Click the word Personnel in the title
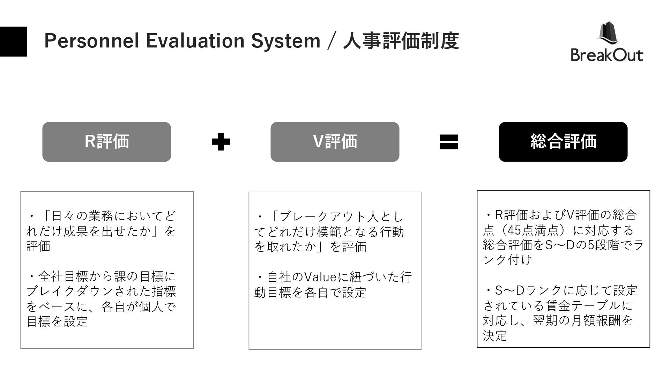click(x=92, y=41)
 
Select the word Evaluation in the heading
click(x=195, y=41)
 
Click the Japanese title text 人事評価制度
click(x=401, y=41)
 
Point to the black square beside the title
click(x=14, y=42)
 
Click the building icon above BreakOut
click(x=607, y=33)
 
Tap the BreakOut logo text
click(x=607, y=55)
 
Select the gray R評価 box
click(x=107, y=142)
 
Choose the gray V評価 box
click(x=335, y=142)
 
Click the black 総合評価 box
click(x=563, y=142)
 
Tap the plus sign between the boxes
click(x=221, y=142)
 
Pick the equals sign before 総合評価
click(x=449, y=142)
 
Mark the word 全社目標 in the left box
click(x=58, y=276)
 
